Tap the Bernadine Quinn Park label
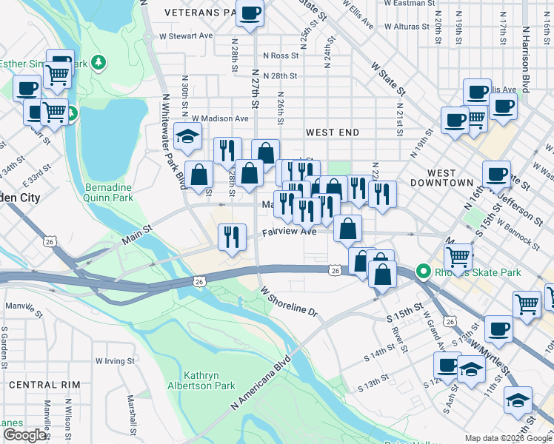point(109,192)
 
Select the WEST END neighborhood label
point(333,132)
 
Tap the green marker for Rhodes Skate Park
point(424,272)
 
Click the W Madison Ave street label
point(220,118)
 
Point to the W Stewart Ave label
point(184,36)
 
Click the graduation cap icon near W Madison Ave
point(188,135)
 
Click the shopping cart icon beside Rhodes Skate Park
point(458,258)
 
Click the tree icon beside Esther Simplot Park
point(97,64)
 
